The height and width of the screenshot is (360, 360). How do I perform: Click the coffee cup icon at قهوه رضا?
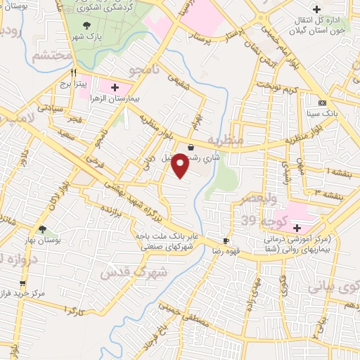tap(225, 240)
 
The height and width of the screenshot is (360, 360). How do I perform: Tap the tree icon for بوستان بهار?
tap(43, 229)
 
